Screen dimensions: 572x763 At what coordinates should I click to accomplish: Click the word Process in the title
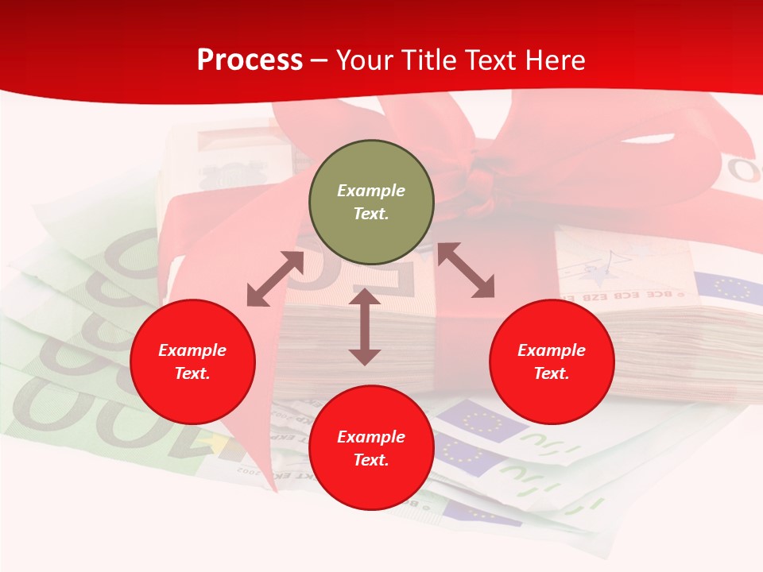point(250,60)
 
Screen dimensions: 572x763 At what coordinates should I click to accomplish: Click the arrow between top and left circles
point(275,279)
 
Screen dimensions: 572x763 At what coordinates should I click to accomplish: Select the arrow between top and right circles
point(467,270)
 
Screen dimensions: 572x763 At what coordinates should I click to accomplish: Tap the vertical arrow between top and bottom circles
point(365,327)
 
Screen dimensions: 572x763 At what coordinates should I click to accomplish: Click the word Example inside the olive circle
point(371,191)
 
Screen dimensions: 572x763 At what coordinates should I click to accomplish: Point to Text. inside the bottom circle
point(371,460)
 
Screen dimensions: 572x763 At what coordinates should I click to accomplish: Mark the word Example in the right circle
point(552,350)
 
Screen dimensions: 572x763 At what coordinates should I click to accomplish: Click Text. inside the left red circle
point(192,373)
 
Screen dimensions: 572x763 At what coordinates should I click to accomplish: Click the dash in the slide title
point(320,61)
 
